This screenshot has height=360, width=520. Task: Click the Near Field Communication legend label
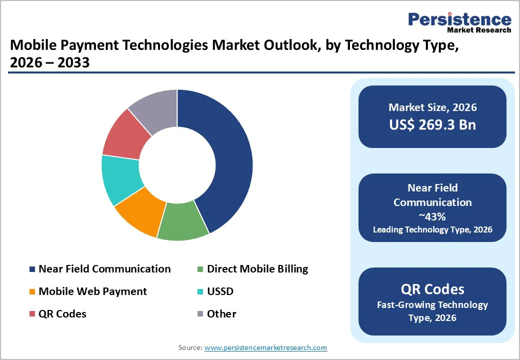coord(104,269)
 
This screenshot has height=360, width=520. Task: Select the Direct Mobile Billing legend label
coord(257,269)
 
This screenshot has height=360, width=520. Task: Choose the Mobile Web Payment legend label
coord(92,291)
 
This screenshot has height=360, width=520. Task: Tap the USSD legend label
coord(220,291)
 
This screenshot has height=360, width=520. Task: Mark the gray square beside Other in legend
coord(200,314)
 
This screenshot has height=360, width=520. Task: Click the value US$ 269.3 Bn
coord(432,125)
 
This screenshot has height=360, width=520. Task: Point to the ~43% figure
coord(432,216)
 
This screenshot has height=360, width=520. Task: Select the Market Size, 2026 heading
coord(432,107)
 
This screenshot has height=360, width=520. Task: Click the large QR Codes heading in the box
coord(432,289)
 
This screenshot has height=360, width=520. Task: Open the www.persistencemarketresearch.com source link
coord(266,347)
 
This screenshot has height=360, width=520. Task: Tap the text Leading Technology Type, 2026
coord(432,229)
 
